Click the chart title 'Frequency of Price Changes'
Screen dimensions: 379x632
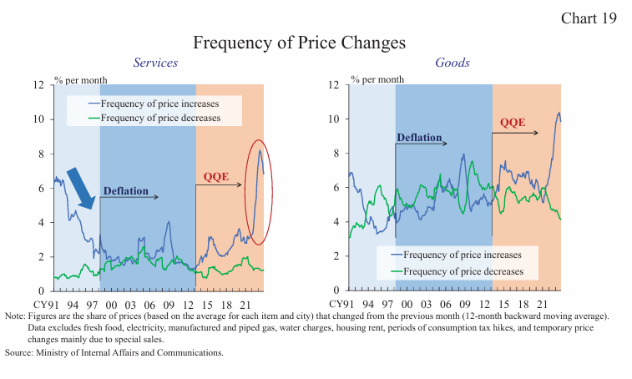pos(299,43)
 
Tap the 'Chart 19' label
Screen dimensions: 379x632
pos(589,18)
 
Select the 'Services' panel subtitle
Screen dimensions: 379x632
pos(155,63)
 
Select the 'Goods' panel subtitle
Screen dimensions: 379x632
pos(452,63)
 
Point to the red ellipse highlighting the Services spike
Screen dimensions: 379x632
pos(260,192)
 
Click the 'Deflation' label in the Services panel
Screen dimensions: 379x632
pos(125,191)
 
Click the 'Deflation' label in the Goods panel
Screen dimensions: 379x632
pos(419,138)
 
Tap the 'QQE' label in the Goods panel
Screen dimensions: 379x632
pos(513,123)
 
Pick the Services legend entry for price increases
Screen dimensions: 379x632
pos(159,104)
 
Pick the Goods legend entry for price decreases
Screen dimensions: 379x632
pos(463,271)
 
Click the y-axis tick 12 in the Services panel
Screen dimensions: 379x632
pos(38,84)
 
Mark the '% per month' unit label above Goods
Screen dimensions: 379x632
pos(377,79)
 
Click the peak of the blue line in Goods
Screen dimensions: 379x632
pos(559,113)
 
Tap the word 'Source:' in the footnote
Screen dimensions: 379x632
pos(18,353)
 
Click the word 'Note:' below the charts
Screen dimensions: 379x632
pos(15,316)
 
